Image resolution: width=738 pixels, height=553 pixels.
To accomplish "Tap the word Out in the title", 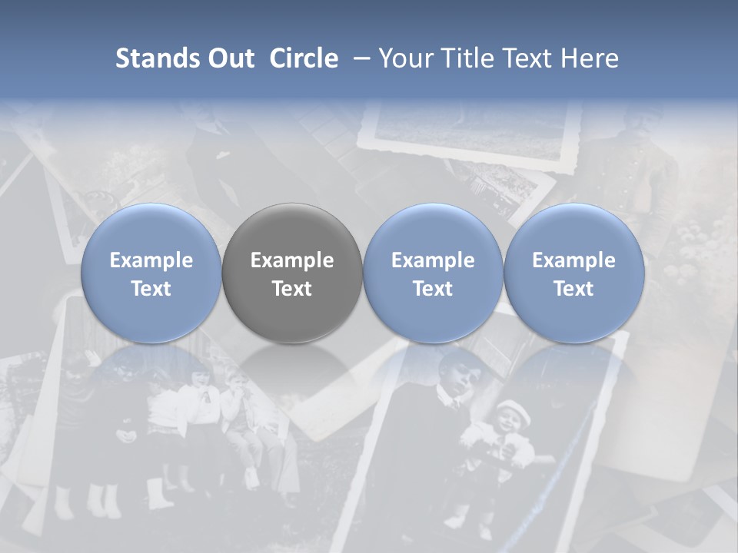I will coord(228,58).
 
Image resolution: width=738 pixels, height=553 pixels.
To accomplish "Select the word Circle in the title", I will coord(304,58).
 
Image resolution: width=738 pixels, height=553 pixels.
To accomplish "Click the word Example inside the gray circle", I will coord(292,260).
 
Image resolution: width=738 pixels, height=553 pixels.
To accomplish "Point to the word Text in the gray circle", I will coord(292,289).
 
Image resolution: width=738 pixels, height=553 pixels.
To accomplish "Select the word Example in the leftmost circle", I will coord(151,260).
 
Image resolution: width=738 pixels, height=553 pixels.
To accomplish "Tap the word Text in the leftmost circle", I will coord(151,289).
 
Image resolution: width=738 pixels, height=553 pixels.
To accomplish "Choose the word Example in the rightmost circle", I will coord(574,260).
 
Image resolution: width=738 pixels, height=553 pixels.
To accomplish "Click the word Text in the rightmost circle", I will coord(574,289).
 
